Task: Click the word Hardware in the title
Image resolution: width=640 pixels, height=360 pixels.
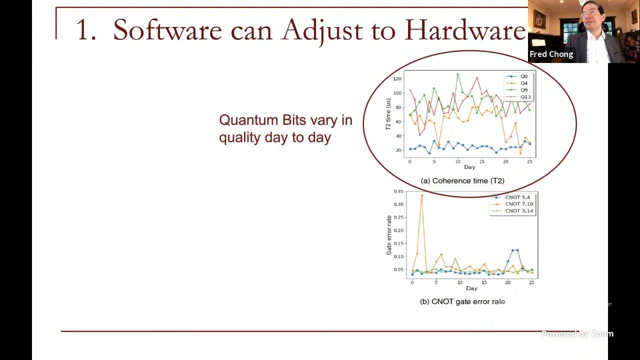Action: pos(465,30)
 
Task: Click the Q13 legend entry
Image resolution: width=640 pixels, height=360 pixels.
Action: pos(525,96)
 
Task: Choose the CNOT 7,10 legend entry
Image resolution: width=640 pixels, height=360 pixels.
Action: pos(518,204)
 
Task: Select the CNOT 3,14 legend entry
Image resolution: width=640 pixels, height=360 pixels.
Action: pos(518,211)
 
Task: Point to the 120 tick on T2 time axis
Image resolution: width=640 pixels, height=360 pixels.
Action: pos(397,79)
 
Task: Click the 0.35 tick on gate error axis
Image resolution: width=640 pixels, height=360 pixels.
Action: pos(398,191)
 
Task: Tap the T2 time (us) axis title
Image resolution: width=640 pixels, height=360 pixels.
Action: pos(388,114)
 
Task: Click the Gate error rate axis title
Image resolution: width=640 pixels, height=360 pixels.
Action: pos(389,235)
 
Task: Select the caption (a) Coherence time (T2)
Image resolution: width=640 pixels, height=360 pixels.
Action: pos(462,181)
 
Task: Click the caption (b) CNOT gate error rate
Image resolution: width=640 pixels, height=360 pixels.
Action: pos(462,302)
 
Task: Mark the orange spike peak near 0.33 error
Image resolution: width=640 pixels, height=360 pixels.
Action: pos(421,195)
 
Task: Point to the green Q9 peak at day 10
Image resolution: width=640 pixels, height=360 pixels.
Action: pos(457,74)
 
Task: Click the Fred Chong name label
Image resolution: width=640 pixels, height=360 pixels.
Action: pos(551,54)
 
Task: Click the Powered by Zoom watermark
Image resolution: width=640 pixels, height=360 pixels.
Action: pos(577,334)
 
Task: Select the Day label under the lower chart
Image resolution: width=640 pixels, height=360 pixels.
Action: pos(471,288)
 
